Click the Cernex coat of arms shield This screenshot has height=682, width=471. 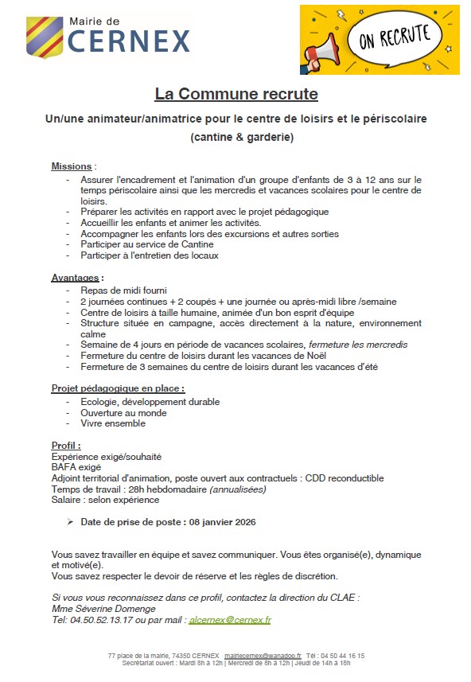[x=45, y=37]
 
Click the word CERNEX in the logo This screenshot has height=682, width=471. [x=128, y=41]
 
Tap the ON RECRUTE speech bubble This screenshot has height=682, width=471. [x=395, y=36]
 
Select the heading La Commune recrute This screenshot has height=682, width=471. [x=236, y=95]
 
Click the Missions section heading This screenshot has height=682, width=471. [x=72, y=166]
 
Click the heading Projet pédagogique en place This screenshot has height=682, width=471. [x=118, y=388]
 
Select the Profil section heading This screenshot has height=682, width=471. [x=66, y=446]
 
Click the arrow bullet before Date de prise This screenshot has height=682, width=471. [x=71, y=522]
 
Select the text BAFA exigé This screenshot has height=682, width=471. [x=76, y=467]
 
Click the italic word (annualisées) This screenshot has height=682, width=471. [x=237, y=489]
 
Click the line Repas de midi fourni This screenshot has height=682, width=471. [x=123, y=290]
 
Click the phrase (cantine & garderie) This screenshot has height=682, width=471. [x=242, y=137]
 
